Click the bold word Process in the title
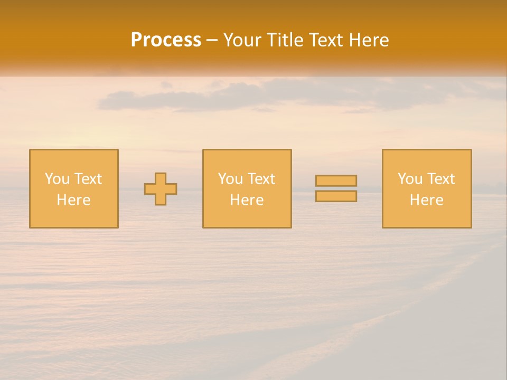coord(166,40)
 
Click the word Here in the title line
coord(369,40)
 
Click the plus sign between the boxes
coord(161,189)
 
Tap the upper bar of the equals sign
coord(336,181)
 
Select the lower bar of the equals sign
coord(336,196)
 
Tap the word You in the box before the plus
coord(57,179)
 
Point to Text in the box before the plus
coord(88,179)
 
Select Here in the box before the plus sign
coord(73,200)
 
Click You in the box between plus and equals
coord(230,179)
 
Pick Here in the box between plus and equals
coord(247,200)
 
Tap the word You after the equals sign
coord(410,179)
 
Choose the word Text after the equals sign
coord(440,179)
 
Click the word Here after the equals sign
coord(426,200)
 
